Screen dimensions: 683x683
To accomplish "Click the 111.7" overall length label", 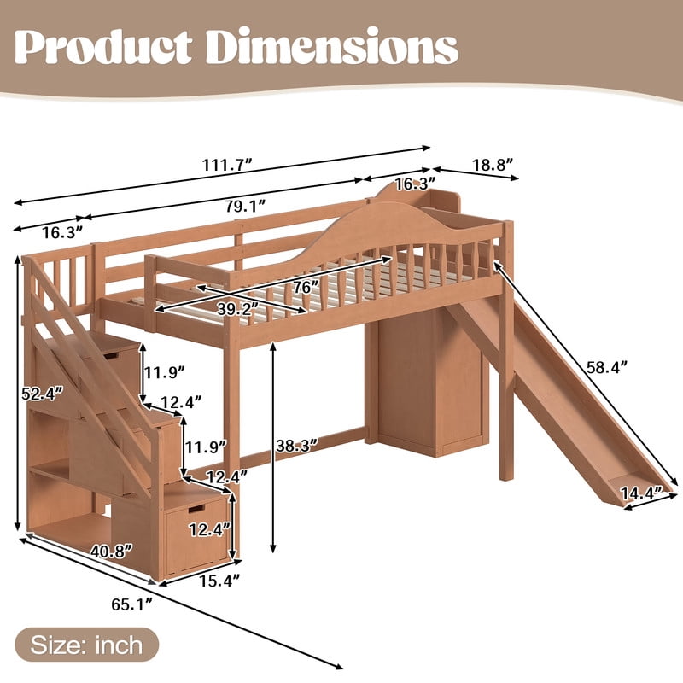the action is pos(227,166).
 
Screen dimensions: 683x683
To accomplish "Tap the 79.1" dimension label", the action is pos(245,206).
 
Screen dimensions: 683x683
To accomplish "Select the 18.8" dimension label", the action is pos(493,165).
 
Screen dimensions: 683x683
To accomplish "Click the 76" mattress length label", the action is pos(306,287).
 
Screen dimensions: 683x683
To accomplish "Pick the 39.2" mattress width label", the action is pos(238,309).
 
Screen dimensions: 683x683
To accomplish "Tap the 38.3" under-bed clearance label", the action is pos(296,446).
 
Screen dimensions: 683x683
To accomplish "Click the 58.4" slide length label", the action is pos(607,367).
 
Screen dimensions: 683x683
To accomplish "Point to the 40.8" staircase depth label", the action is pos(111,552).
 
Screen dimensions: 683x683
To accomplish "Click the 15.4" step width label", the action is pos(219,581).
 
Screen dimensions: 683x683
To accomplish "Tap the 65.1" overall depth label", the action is pos(132,604).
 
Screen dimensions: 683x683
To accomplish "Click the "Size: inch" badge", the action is pos(87,645).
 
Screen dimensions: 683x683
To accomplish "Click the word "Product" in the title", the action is pos(103,47).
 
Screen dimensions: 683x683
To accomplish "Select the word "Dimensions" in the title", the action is pos(332,47).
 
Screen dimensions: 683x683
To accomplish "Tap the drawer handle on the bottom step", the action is pos(196,509).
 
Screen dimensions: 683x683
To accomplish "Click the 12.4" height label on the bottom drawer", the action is pos(209,529).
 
